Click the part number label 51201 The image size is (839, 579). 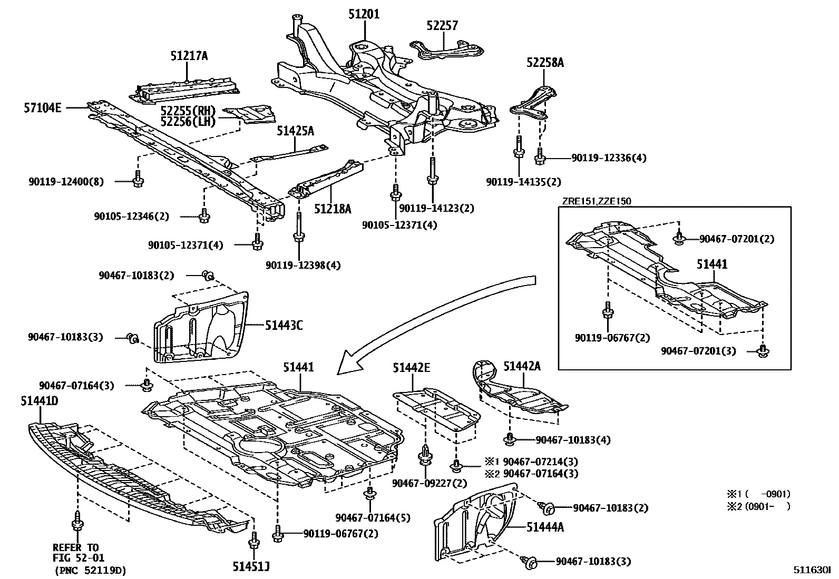pos(364,14)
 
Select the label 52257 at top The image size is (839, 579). pos(442,25)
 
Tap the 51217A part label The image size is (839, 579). pos(189,55)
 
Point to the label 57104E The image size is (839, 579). pos(42,108)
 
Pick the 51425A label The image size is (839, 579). pos(295,131)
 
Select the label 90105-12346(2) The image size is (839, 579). pos(132,216)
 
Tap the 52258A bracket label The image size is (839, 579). pos(545,63)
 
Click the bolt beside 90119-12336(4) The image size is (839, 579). pos(540,156)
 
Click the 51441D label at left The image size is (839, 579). pos(40,401)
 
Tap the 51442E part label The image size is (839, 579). pos(411,368)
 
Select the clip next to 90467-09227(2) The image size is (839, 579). pos(424,456)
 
